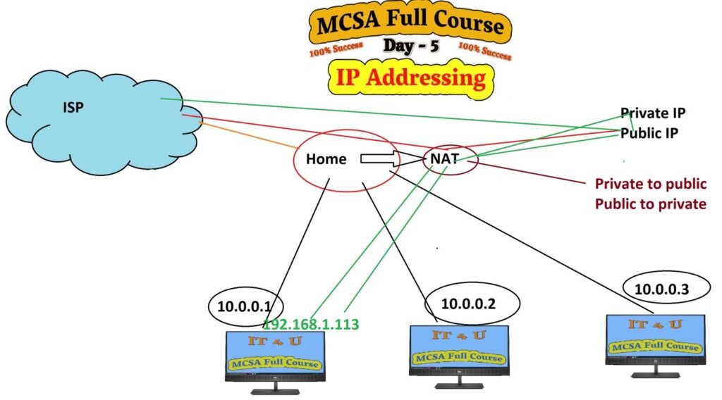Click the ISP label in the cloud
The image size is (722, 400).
pos(72,110)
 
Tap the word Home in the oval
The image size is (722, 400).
pos(326,159)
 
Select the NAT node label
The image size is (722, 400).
pos(444,159)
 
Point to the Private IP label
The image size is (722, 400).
pos(653,113)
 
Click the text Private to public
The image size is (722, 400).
pos(650,184)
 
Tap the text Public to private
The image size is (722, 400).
pos(650,204)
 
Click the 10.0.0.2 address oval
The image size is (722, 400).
pos(473,304)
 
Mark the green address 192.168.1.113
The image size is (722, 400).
pos(311,325)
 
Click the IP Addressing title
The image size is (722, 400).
pos(410,77)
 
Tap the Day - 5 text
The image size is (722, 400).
pos(410,46)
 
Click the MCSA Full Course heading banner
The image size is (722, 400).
pos(410,25)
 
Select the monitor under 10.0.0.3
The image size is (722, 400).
pos(656,342)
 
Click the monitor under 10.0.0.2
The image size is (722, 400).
pos(460,352)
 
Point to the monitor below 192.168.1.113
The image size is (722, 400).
pos(275,359)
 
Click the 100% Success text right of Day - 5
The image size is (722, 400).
pos(484,50)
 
